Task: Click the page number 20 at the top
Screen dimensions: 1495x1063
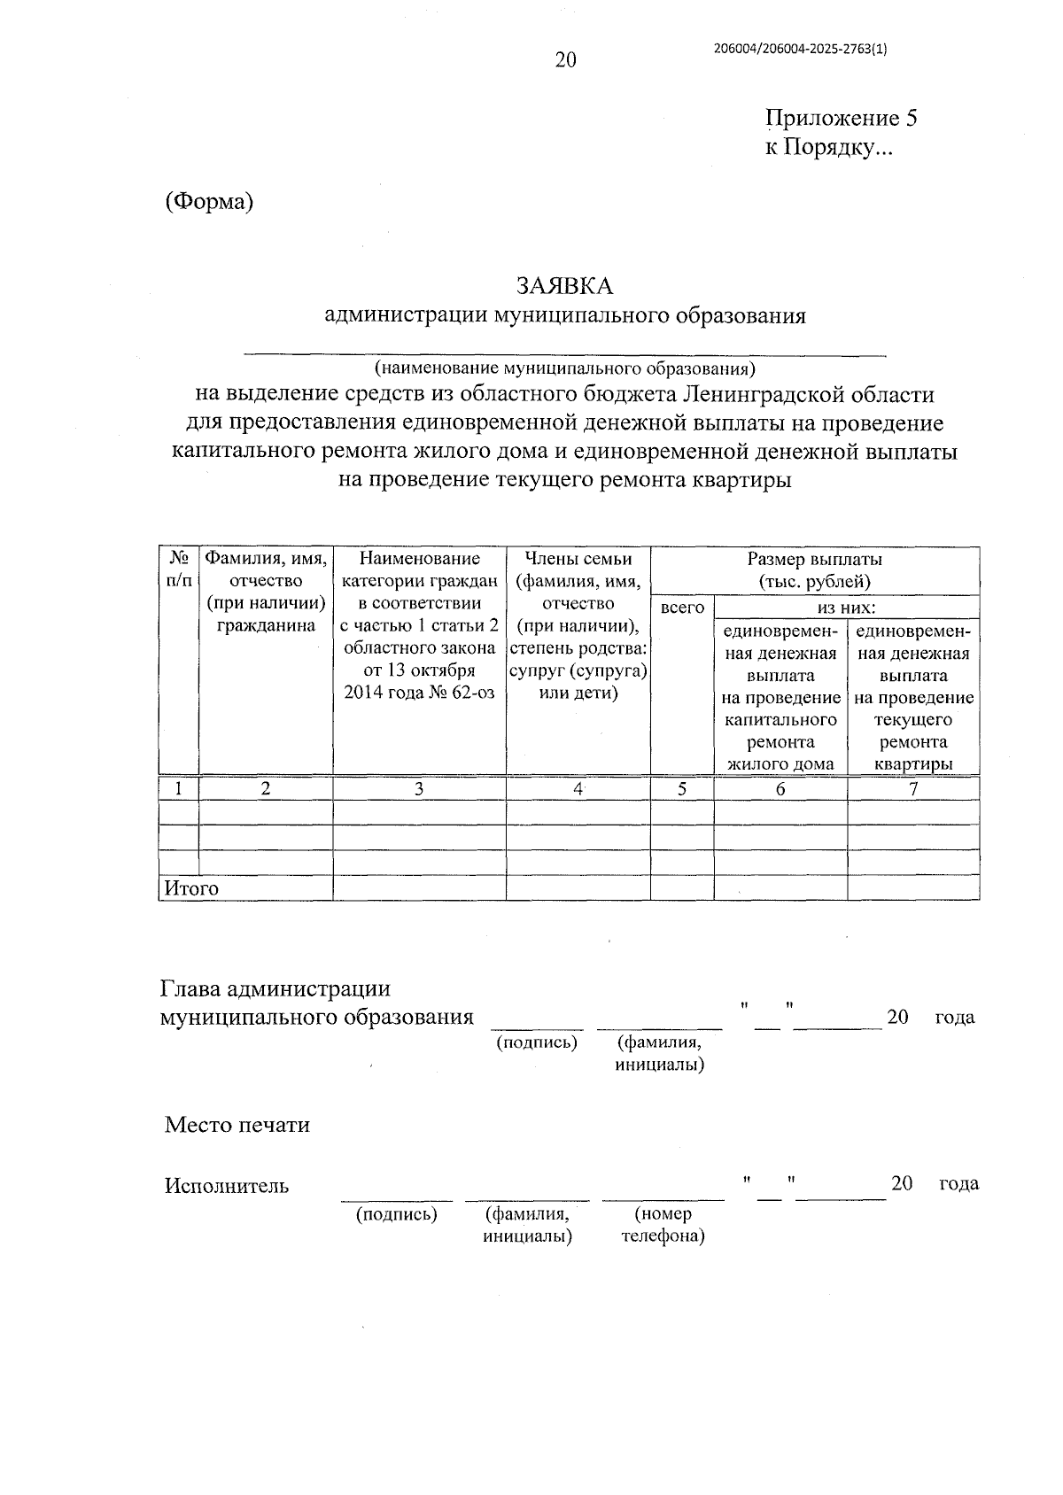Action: [565, 60]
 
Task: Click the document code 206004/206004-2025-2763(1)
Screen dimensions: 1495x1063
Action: [800, 50]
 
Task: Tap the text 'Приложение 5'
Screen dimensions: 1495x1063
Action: [841, 119]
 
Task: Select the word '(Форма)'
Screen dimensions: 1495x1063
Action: [209, 202]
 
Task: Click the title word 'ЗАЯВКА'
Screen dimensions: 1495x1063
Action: [565, 286]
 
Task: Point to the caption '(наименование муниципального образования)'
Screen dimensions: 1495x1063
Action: [564, 367]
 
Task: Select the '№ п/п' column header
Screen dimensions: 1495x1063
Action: [179, 569]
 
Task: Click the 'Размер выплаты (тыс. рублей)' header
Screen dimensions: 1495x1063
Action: [814, 570]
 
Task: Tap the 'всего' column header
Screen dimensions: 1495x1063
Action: [682, 608]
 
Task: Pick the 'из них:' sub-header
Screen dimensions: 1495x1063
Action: [846, 608]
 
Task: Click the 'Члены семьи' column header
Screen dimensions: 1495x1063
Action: [578, 559]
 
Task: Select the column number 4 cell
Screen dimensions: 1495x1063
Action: [578, 788]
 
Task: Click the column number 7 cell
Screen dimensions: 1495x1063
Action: [912, 788]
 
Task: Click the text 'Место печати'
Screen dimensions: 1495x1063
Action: [237, 1125]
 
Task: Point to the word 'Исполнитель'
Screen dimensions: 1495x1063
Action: [227, 1185]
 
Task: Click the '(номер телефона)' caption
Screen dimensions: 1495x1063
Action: [663, 1225]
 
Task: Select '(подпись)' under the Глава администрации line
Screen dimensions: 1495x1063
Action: [537, 1042]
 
